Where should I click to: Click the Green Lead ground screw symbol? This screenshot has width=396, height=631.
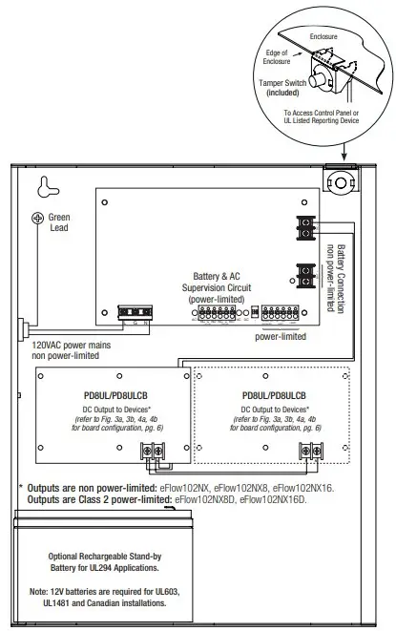tap(38, 218)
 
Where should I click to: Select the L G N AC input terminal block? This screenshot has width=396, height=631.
tap(133, 311)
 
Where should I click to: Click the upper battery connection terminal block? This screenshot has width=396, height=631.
tap(306, 228)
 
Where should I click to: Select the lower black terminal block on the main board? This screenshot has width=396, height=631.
tap(306, 277)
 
